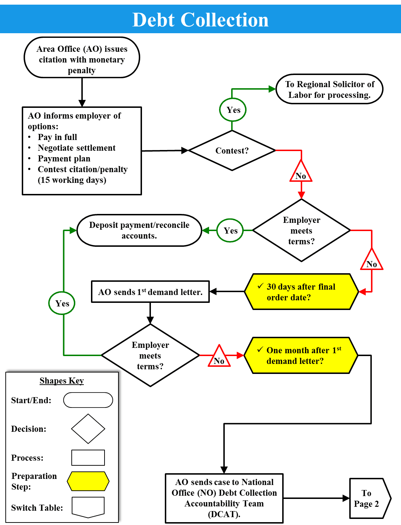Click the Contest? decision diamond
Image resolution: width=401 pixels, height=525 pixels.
pos(232,150)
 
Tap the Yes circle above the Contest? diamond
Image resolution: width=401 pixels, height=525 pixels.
pos(233,110)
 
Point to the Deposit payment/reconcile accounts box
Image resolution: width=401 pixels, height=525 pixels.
pos(139,230)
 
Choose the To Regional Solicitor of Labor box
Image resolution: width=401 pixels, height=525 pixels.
pos(329,89)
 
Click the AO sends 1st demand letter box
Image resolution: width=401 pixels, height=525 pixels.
pos(150,292)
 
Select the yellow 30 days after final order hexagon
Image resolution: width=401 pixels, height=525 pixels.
pos(301,292)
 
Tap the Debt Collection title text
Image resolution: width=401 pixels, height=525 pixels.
pos(200,20)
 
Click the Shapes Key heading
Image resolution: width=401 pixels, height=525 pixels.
pos(62,381)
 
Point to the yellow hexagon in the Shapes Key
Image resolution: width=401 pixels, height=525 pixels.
pos(88,481)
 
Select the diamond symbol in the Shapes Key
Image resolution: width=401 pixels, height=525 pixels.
pos(88,429)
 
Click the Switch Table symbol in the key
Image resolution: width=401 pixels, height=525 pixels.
pos(88,507)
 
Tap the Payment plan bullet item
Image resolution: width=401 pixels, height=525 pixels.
pos(64,159)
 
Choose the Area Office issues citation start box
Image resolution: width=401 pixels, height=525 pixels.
pos(82,58)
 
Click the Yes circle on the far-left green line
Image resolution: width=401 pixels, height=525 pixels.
pos(62,303)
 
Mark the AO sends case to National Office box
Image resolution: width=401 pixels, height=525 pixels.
pos(224,498)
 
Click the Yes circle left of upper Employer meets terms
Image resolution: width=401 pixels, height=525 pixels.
pos(230,231)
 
